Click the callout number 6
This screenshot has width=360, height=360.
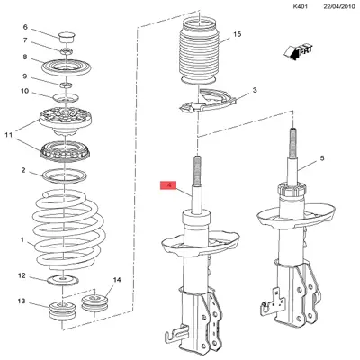[25, 27]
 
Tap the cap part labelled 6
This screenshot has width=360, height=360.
[67, 37]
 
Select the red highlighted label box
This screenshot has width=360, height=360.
[169, 185]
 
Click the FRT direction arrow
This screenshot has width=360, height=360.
[298, 52]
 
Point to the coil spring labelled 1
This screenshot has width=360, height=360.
[68, 230]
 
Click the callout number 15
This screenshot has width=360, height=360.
[238, 34]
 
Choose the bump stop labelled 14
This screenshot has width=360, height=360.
[94, 303]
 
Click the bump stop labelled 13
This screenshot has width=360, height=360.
[62, 311]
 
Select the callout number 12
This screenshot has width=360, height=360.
[22, 275]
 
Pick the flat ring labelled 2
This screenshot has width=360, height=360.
[65, 176]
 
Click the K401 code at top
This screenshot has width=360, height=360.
[301, 6]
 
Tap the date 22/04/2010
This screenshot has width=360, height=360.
[339, 6]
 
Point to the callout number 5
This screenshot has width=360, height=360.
[322, 157]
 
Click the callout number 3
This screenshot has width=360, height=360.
[255, 90]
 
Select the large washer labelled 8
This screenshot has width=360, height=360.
[67, 68]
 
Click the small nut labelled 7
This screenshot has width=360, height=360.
[67, 51]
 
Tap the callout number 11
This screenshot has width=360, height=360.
[9, 135]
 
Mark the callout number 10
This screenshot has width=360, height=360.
[24, 91]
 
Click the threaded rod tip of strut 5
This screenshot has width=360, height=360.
[292, 129]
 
